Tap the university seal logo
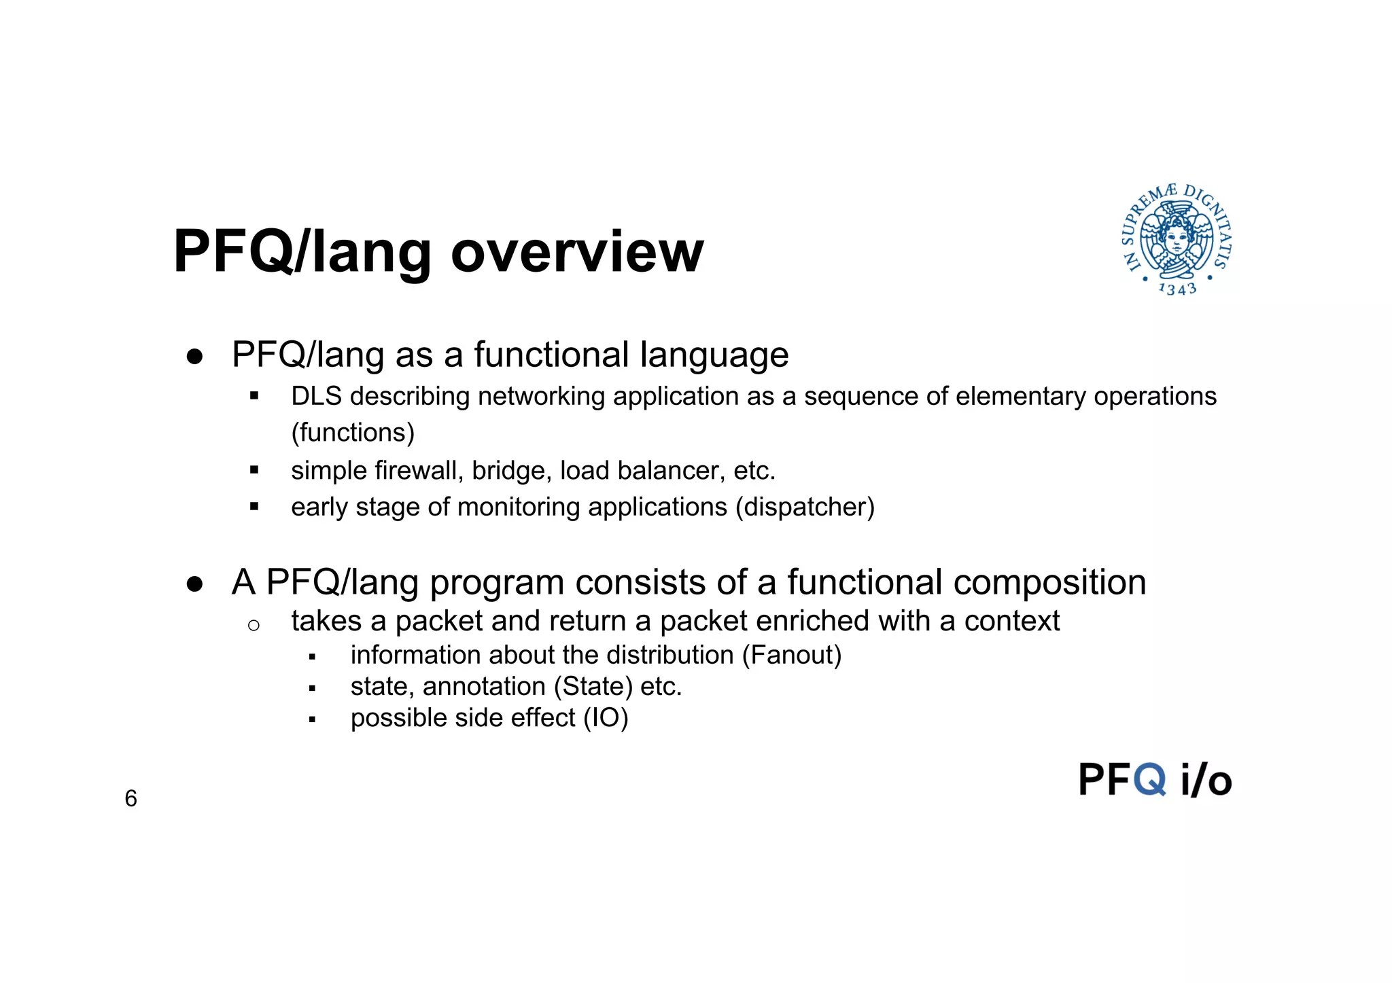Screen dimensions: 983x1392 1177,239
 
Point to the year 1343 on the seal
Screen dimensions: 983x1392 1177,289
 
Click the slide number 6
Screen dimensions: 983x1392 131,798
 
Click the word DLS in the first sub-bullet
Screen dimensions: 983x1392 316,397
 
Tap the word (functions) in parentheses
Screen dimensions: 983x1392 353,433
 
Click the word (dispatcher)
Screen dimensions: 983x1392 805,507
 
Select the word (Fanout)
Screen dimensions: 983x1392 792,656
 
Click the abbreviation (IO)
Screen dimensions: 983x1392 606,718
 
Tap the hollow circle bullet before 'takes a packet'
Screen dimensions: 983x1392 254,626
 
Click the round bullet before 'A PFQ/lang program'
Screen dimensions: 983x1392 195,584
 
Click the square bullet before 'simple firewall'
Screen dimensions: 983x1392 254,469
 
